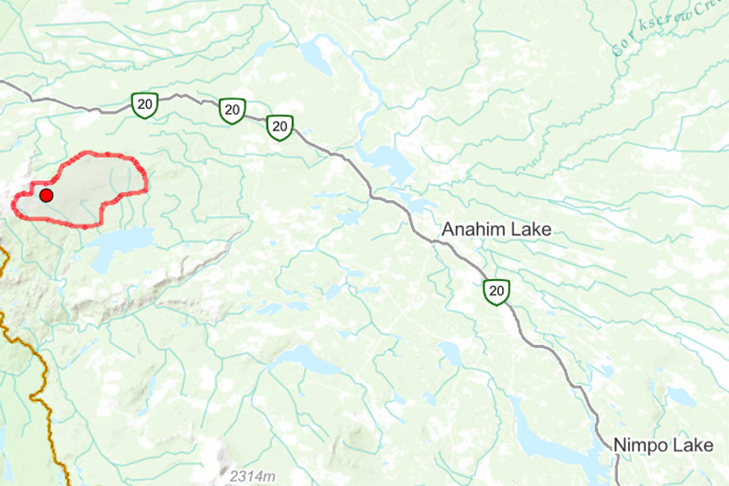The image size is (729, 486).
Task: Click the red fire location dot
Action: tap(46, 196)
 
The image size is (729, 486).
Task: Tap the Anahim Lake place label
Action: tap(496, 229)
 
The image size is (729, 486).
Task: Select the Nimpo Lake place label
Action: tap(663, 445)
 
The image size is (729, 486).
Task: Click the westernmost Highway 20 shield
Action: tap(145, 104)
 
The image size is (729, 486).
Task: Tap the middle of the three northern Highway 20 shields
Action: tap(231, 111)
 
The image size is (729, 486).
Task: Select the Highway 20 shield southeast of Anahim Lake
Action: tap(496, 292)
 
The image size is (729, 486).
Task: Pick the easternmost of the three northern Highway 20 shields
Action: tap(279, 127)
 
